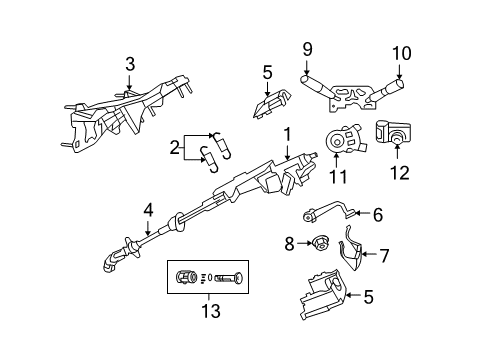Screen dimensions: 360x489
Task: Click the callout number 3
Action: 129,65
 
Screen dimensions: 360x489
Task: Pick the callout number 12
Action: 399,172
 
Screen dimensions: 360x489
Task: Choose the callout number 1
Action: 287,131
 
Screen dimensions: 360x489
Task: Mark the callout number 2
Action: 175,149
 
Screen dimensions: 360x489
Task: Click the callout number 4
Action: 148,210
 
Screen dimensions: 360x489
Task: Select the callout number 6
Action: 378,213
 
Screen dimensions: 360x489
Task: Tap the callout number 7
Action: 383,256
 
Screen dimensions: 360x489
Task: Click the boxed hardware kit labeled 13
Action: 207,277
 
